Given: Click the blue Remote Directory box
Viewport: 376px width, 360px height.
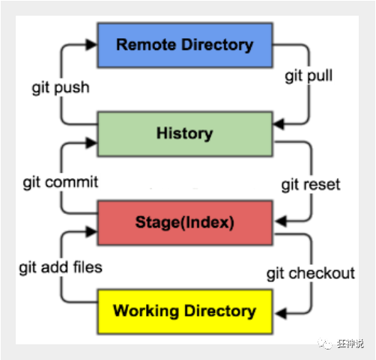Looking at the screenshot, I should point(184,45).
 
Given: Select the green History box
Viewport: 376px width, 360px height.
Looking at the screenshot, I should point(184,134).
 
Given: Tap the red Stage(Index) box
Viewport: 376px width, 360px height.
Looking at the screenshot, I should point(184,222).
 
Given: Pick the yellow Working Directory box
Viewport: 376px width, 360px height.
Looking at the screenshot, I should point(184,310).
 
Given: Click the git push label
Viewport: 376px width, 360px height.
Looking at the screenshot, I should point(61,88).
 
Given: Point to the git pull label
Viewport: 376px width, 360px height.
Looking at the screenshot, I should point(309,76).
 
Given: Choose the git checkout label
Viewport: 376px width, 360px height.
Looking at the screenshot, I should point(311,272).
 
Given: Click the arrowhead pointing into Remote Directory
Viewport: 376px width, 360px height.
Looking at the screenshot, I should point(92,46).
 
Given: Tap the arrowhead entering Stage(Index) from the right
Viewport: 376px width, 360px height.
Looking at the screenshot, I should point(277,220).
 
